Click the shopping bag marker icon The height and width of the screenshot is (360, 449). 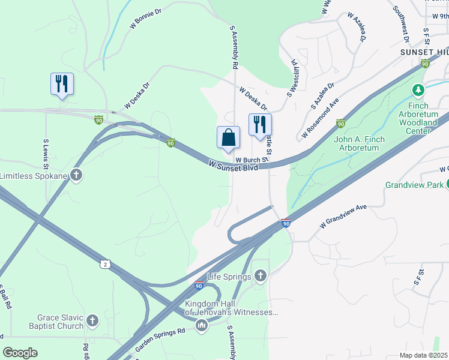[x=229, y=137]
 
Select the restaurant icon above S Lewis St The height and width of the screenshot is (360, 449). [x=62, y=85]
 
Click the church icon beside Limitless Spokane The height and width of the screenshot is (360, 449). [x=76, y=175]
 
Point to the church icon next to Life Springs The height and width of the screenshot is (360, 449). [x=260, y=276]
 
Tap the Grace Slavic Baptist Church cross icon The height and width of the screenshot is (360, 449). [x=92, y=320]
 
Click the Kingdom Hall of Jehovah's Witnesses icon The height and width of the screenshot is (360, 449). [x=202, y=326]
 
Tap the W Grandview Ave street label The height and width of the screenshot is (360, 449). [x=343, y=216]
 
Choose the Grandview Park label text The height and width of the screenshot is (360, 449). [x=413, y=185]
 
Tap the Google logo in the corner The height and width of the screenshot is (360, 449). [x=20, y=353]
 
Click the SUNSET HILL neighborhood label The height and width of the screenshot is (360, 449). [x=424, y=52]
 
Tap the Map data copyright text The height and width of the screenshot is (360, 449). [x=424, y=355]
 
